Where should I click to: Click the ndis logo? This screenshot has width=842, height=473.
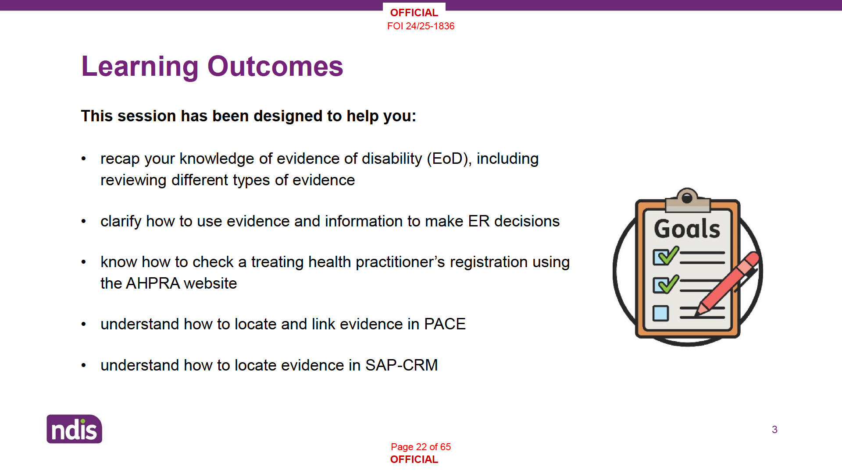[75, 429]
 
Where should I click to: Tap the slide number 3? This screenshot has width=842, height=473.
[774, 430]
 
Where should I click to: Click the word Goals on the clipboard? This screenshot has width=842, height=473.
[687, 229]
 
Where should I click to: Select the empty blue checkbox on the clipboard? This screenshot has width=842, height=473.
[660, 313]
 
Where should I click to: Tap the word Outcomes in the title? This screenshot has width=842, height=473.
[275, 67]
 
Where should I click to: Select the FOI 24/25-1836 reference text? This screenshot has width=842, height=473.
[421, 26]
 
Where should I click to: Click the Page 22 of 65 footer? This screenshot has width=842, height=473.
[421, 447]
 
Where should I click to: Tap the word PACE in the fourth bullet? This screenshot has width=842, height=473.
[445, 324]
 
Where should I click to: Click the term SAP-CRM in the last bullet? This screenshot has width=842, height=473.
[401, 365]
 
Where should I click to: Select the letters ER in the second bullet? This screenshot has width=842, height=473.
[478, 221]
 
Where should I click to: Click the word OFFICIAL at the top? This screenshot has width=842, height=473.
[414, 13]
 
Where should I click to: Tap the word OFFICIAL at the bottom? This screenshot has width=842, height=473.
[414, 459]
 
